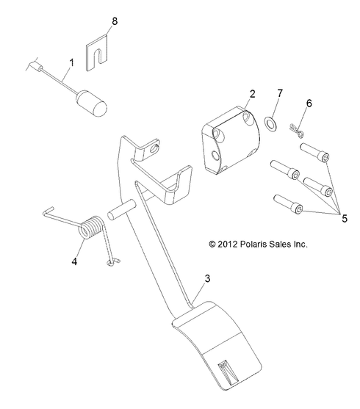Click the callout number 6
308,103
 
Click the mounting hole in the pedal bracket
154,152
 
